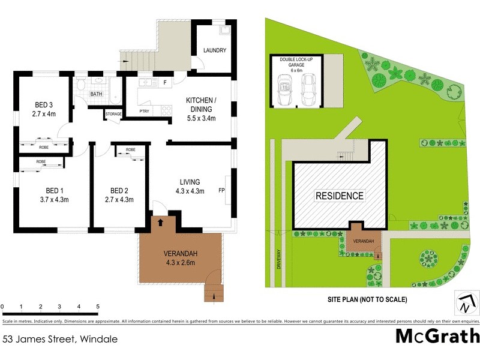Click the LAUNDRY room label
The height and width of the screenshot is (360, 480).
pyautogui.click(x=214, y=50)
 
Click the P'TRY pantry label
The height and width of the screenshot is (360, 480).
pyautogui.click(x=145, y=111)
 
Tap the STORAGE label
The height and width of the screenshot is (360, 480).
pyautogui.click(x=113, y=113)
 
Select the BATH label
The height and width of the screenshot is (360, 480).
pyautogui.click(x=96, y=94)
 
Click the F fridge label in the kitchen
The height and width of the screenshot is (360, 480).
pyautogui.click(x=164, y=82)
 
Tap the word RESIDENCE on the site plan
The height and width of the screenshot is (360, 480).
pyautogui.click(x=340, y=196)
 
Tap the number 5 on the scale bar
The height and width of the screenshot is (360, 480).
pyautogui.click(x=97, y=307)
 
